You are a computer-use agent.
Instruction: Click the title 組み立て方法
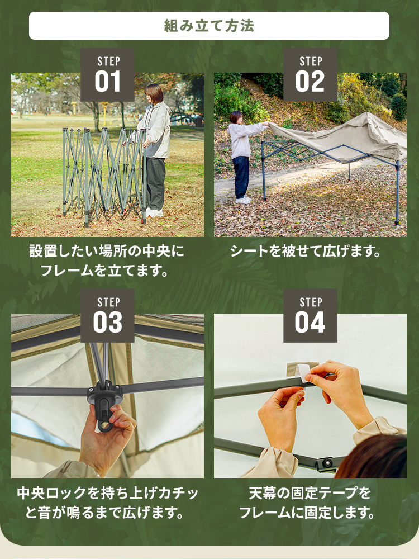click(209, 26)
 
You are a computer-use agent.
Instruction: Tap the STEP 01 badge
click(108, 75)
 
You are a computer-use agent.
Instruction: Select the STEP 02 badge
click(310, 75)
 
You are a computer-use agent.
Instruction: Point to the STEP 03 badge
click(108, 316)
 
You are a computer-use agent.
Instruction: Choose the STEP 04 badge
click(310, 316)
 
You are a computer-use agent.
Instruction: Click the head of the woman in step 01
click(154, 94)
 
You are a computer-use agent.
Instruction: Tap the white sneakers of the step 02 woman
click(244, 200)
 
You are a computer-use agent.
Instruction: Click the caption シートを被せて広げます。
click(306, 251)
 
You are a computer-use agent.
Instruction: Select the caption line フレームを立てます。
click(104, 271)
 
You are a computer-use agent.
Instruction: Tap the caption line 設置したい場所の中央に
click(107, 251)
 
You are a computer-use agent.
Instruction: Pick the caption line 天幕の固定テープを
click(310, 493)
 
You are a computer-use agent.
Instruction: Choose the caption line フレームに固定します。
click(307, 513)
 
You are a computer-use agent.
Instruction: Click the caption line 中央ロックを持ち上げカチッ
click(108, 493)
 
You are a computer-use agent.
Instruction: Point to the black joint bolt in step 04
click(327, 463)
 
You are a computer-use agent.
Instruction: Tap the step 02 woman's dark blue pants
click(241, 177)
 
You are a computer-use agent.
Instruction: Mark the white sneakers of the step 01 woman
click(154, 213)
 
